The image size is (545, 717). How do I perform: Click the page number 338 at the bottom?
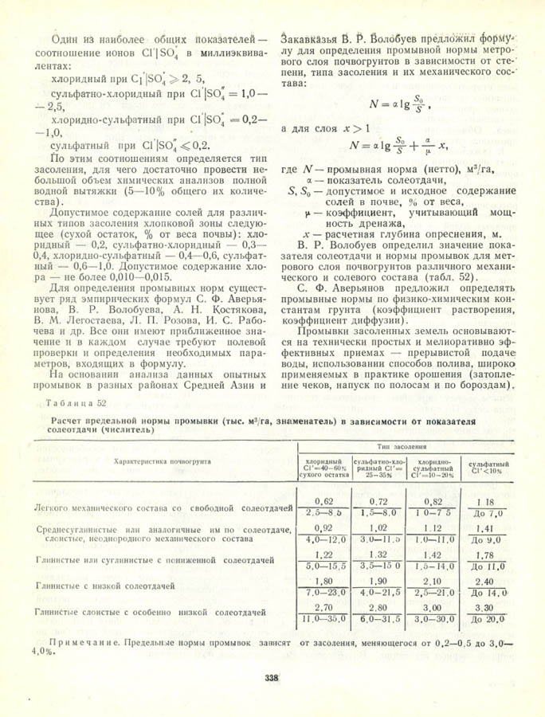click(x=271, y=679)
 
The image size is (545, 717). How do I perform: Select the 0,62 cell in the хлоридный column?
click(x=323, y=500)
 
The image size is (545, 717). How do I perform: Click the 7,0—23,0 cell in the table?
click(x=323, y=594)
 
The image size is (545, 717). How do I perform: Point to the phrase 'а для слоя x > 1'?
click(x=326, y=127)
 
